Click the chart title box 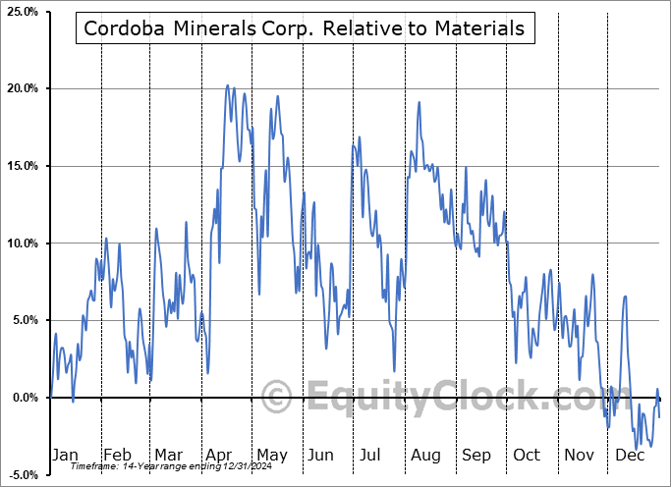[x=305, y=29]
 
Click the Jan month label [x=64, y=455]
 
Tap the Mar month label [x=168, y=455]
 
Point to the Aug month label [x=424, y=455]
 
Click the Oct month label [x=527, y=455]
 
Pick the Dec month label [x=628, y=455]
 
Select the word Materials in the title [x=475, y=29]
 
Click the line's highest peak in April [x=228, y=85]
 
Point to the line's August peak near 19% [x=419, y=102]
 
